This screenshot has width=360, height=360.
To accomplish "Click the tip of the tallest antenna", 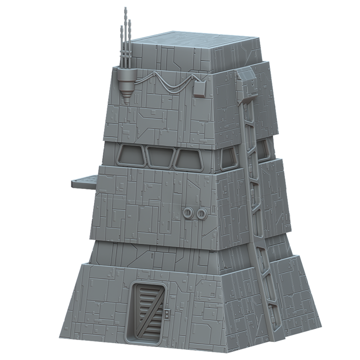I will [125, 9].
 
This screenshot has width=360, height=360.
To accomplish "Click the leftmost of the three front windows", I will [131, 156].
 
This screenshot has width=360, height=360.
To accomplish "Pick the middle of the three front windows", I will [160, 157].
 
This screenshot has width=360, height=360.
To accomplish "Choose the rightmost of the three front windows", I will [189, 159].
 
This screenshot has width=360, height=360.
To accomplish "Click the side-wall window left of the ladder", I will [228, 158].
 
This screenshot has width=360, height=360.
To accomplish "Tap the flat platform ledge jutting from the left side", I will [84, 178].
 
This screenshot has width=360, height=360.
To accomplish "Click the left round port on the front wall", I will [188, 213].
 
